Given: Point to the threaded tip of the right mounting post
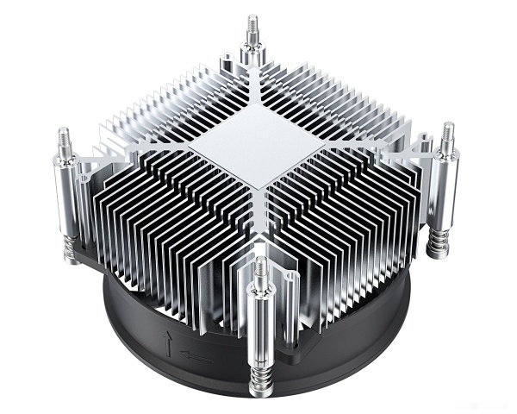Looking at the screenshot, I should coord(449,134).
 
